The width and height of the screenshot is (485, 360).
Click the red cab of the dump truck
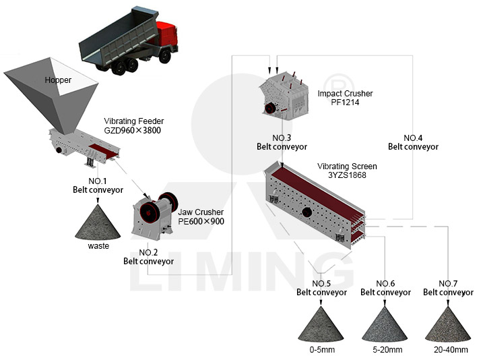(x=167, y=35)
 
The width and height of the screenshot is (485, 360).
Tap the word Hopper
(x=58, y=80)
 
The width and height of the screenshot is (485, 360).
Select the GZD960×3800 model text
(x=133, y=130)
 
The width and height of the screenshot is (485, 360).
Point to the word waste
(x=98, y=246)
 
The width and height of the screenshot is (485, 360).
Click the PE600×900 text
(x=201, y=221)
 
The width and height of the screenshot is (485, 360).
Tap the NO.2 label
(x=148, y=253)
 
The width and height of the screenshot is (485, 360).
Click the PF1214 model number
(x=345, y=102)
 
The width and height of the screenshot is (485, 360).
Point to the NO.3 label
(x=282, y=138)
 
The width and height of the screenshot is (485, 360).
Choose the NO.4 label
(x=413, y=138)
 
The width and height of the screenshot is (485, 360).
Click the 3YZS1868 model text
(x=347, y=175)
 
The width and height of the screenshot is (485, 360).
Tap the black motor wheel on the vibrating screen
(x=307, y=212)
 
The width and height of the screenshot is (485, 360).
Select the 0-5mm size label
(x=322, y=350)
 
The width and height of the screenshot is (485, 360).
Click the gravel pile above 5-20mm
(x=385, y=324)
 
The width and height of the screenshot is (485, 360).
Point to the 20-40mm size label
(x=451, y=350)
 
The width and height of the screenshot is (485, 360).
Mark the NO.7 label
(x=448, y=284)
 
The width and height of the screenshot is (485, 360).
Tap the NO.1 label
(x=98, y=181)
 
